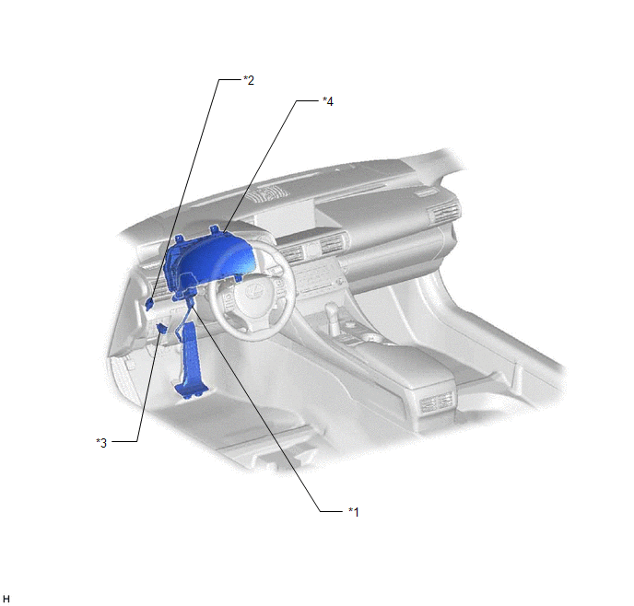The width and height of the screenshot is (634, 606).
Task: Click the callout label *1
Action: [x=353, y=512]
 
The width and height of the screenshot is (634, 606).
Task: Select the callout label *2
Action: [x=249, y=80]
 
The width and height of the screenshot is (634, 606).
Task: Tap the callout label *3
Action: [x=101, y=443]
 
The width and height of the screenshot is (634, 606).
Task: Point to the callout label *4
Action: [x=328, y=101]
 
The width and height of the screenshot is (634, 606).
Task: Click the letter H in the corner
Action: [x=6, y=599]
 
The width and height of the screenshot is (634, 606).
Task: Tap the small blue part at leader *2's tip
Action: [x=149, y=303]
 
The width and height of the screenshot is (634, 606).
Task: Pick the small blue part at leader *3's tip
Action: [x=162, y=328]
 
